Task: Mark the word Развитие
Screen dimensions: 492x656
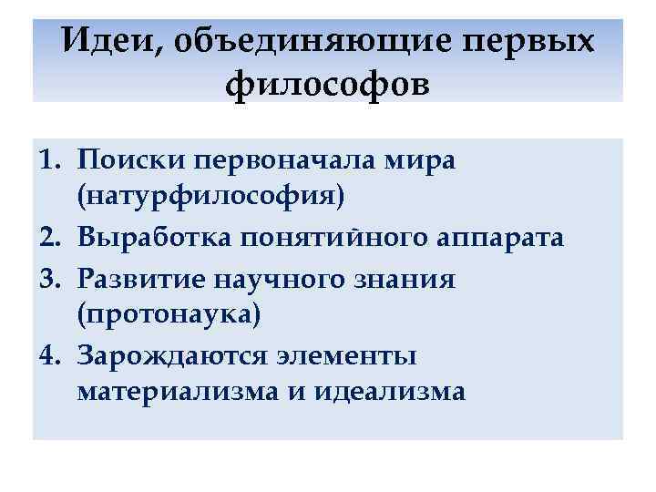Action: [x=137, y=277]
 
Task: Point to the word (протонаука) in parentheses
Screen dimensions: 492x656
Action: [x=169, y=315]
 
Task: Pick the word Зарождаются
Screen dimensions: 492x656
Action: [x=169, y=354]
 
